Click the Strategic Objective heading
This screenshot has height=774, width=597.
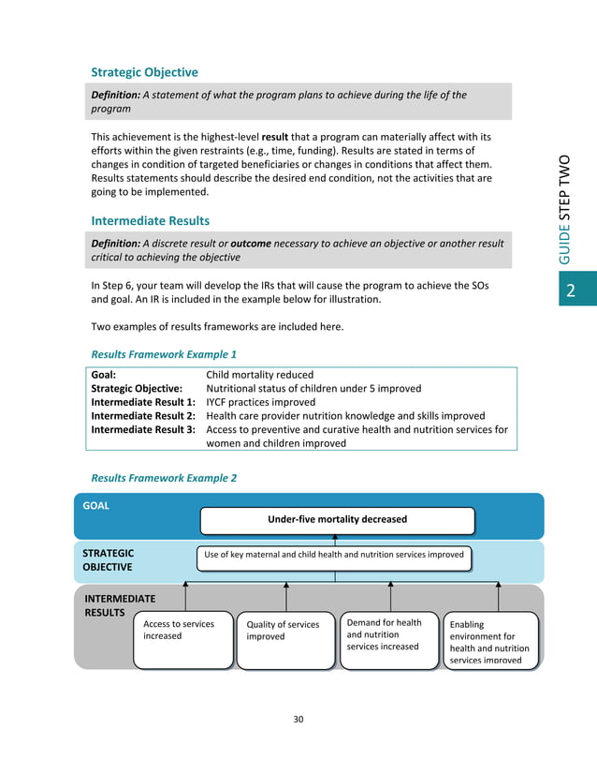click(x=144, y=72)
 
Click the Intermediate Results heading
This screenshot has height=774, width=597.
click(x=150, y=221)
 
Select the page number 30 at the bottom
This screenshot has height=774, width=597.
click(x=298, y=720)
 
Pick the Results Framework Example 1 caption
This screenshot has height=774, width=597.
click(x=164, y=355)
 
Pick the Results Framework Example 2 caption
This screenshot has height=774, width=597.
click(x=164, y=478)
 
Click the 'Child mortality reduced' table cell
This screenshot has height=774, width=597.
click(x=259, y=374)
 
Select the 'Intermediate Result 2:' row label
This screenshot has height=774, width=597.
click(x=143, y=416)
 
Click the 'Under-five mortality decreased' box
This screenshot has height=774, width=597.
click(x=338, y=519)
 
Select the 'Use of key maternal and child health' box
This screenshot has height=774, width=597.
click(x=334, y=555)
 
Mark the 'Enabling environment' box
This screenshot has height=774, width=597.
click(x=491, y=641)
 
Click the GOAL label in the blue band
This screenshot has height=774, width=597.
click(x=96, y=505)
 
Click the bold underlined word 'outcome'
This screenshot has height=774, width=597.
click(x=251, y=244)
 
